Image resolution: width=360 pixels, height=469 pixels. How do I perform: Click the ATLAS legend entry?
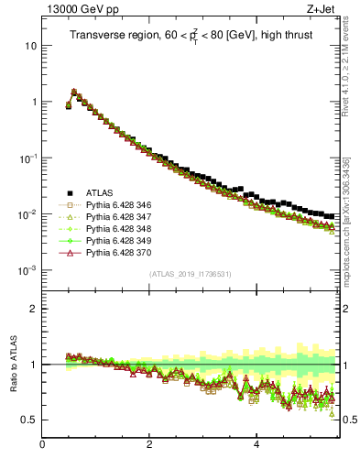tap(99, 192)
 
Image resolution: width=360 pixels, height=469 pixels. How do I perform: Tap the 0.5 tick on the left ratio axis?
tap(29, 420)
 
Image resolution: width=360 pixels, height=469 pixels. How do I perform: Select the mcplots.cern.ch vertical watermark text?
tap(352, 220)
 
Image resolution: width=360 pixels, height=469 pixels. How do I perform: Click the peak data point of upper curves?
tap(74, 92)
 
